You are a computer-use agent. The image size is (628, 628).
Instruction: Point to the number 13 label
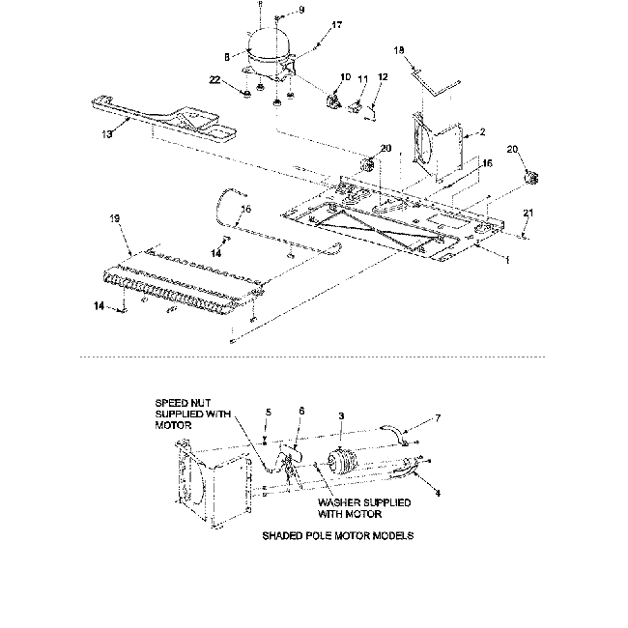pyautogui.click(x=105, y=134)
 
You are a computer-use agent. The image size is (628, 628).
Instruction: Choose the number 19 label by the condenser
pyautogui.click(x=117, y=220)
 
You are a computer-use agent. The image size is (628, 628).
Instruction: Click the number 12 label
pyautogui.click(x=383, y=76)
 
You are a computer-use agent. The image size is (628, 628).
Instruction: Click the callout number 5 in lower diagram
pyautogui.click(x=269, y=413)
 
